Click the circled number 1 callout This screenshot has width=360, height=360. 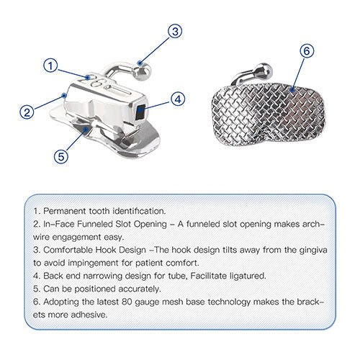pos(50,66)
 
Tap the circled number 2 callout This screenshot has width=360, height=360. pos(27,112)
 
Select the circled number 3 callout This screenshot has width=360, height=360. pos(175,31)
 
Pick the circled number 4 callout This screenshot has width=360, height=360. pos(178,99)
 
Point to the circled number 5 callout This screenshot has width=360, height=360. pos(61,156)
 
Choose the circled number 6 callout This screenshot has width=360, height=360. pos(307,51)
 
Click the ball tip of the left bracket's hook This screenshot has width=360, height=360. pos(143,72)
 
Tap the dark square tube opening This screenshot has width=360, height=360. pos(140,111)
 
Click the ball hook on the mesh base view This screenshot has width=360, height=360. pos(264,71)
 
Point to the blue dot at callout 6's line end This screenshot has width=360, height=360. pos(292,90)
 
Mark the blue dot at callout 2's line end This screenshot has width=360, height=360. pos(64,96)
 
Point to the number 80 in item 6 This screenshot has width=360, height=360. pos(127,302)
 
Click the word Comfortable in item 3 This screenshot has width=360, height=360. pos(68,250)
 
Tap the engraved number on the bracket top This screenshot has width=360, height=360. pos(94,82)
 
